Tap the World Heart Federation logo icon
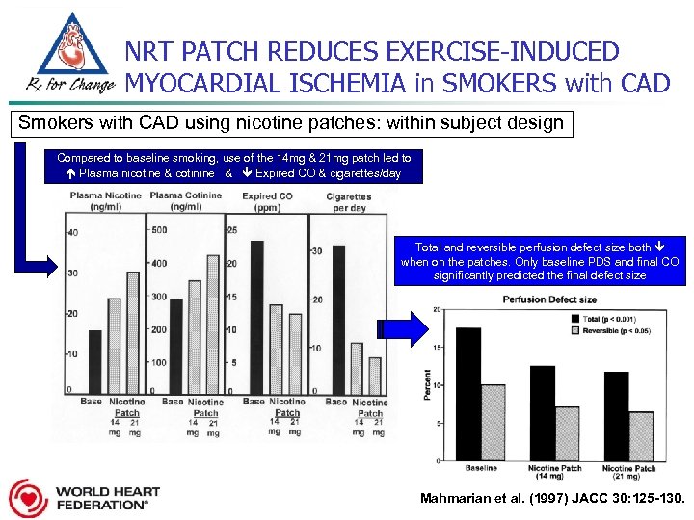tap(27, 498)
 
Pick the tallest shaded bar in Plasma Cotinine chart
tap(213, 323)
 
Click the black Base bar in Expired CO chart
tap(256, 315)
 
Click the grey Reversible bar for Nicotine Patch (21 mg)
tap(641, 435)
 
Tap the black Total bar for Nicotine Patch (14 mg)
tap(543, 412)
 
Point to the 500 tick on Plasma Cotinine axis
tap(157, 230)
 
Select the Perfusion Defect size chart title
tap(550, 299)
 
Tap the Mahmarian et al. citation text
tap(550, 499)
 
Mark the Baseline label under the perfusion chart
tap(481, 469)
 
